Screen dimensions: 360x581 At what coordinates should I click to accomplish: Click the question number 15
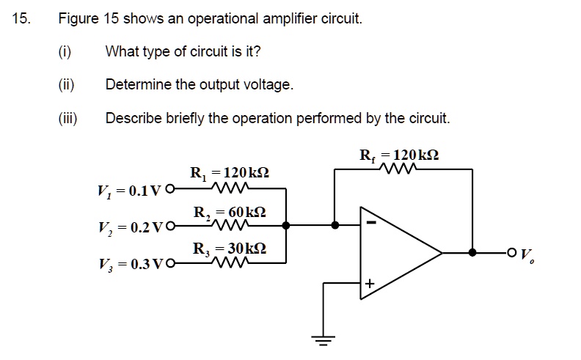click(21, 18)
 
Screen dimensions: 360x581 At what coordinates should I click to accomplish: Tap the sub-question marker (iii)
click(68, 117)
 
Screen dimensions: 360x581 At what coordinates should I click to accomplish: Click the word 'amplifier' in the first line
click(292, 18)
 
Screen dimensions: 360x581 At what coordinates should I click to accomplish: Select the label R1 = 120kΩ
click(229, 174)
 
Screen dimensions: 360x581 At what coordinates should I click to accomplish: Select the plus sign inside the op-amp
click(370, 283)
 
